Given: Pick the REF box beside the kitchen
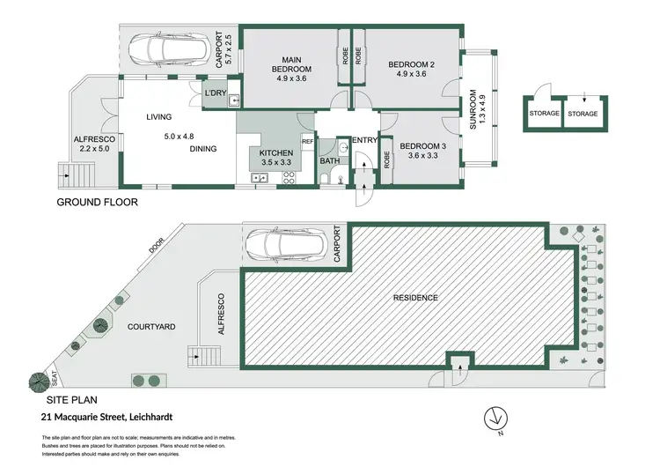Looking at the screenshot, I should (307, 142).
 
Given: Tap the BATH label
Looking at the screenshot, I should (329, 161).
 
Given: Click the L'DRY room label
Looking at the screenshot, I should (215, 93).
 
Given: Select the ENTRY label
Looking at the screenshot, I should (363, 141).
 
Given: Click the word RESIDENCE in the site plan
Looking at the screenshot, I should (415, 298).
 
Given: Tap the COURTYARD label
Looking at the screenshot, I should (151, 327).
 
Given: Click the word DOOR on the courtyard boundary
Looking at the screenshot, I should (156, 249).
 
